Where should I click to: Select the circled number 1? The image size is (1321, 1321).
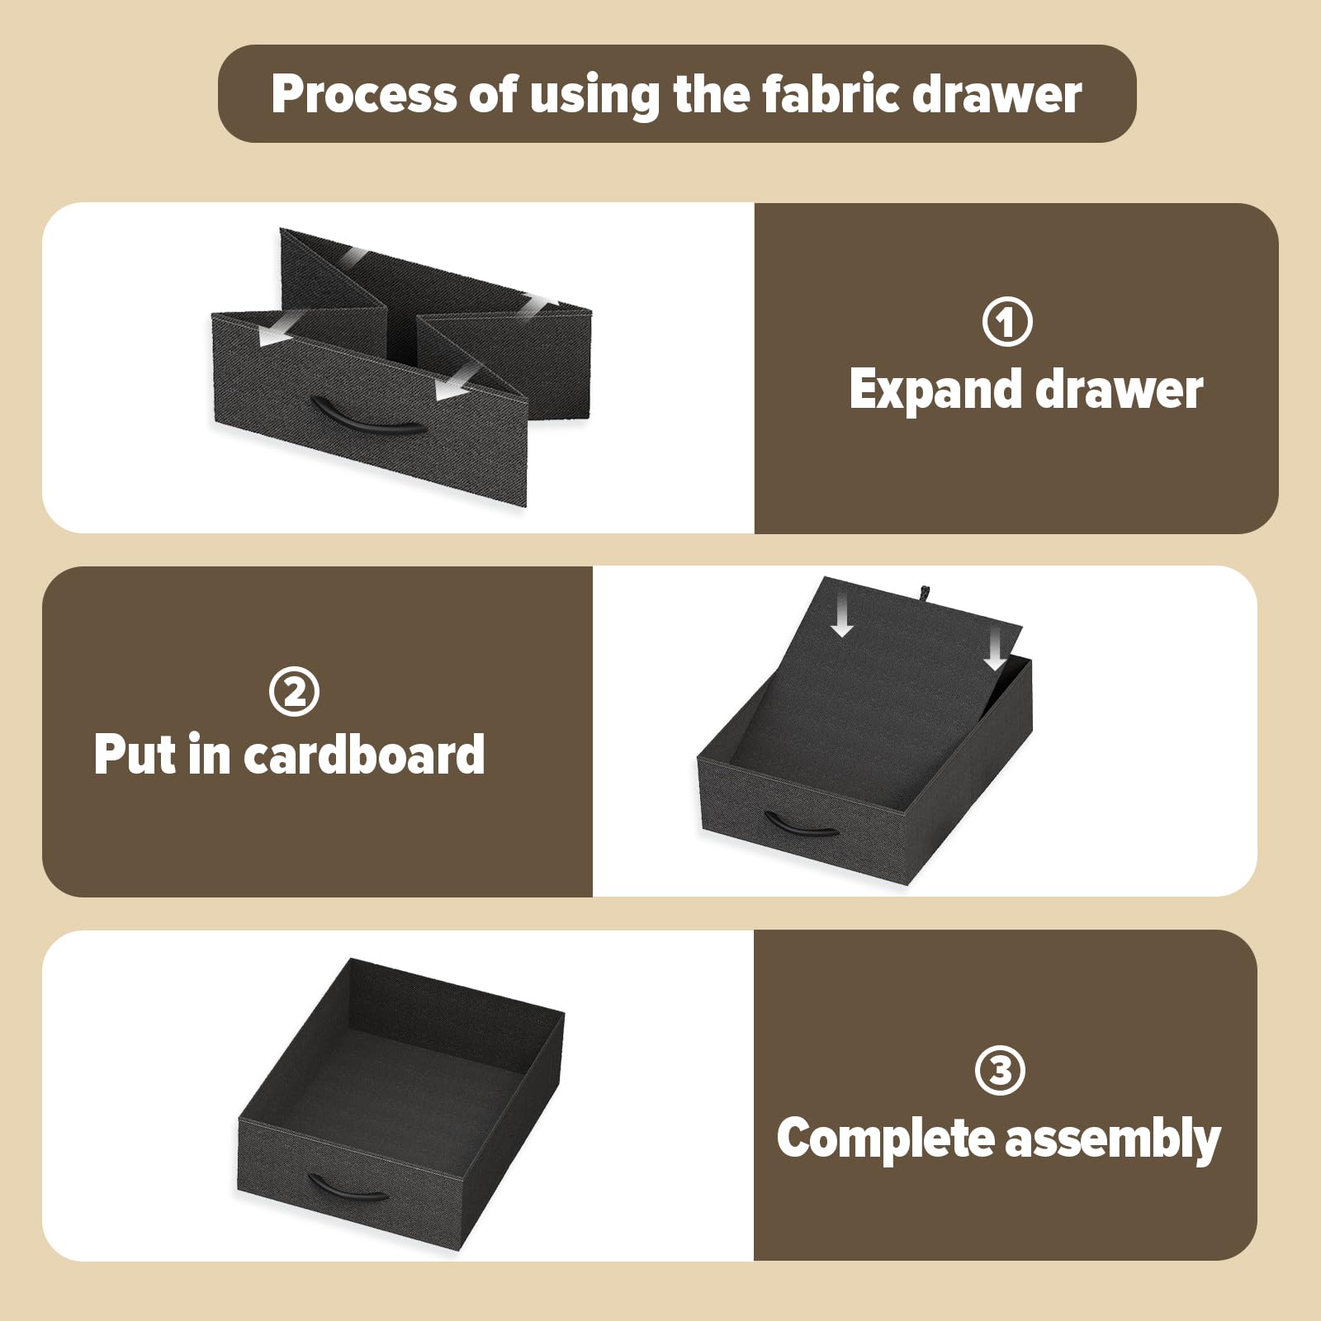click(x=1007, y=321)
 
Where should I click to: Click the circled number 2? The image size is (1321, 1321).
click(x=294, y=691)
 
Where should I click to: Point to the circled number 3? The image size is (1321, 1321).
click(x=1000, y=1070)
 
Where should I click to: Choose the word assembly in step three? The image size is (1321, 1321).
click(x=1113, y=1139)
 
